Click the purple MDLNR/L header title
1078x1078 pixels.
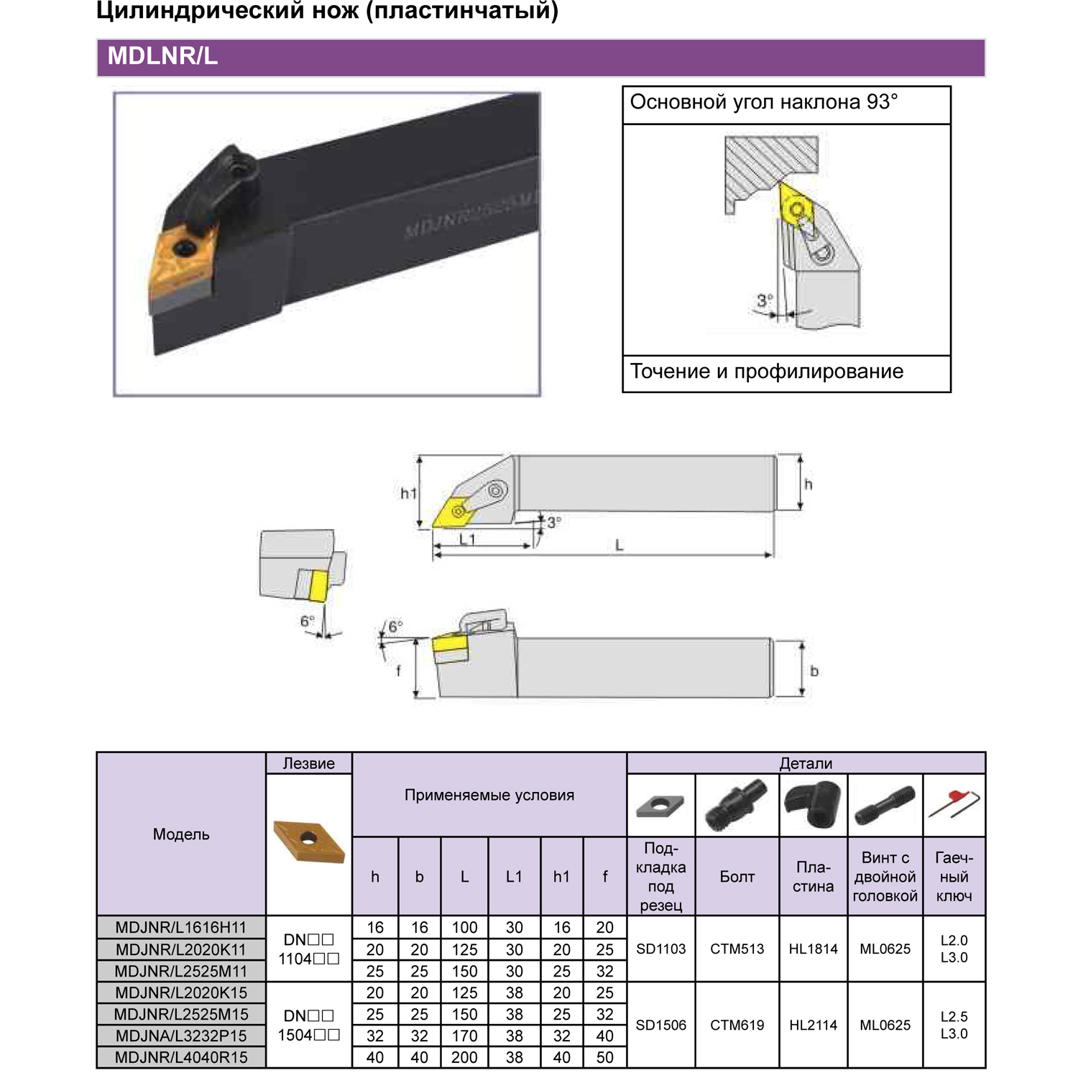tap(162, 57)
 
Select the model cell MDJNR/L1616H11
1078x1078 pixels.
tap(181, 928)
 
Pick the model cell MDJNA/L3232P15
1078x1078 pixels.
tap(181, 1036)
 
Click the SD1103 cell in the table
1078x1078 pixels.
tap(661, 949)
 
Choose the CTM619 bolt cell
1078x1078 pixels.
tap(737, 1026)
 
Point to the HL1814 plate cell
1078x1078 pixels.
tap(814, 949)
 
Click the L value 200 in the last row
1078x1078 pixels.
tap(465, 1057)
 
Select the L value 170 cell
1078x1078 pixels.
tap(465, 1036)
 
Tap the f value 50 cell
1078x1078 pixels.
tap(605, 1057)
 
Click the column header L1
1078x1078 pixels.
tap(515, 877)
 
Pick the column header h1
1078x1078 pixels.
tap(562, 877)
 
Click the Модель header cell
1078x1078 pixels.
tap(181, 834)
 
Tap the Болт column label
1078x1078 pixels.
tap(737, 877)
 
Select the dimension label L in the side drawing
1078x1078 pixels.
tap(619, 546)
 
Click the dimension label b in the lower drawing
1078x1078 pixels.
tap(814, 671)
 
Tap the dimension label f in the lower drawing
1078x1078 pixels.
tap(399, 671)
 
